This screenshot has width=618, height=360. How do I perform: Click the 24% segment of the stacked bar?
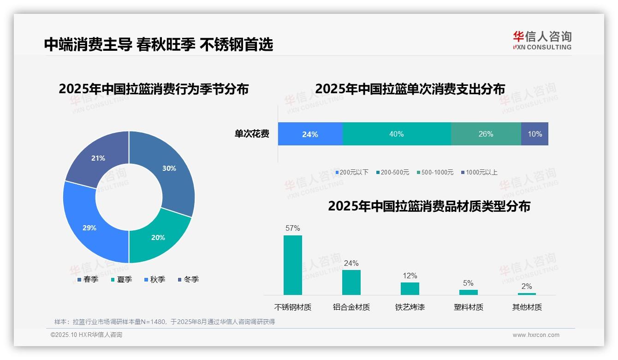(310, 134)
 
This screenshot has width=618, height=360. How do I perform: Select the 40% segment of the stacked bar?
(396, 134)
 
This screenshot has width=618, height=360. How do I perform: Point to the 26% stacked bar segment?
(486, 134)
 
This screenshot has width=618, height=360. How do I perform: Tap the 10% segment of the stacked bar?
(535, 134)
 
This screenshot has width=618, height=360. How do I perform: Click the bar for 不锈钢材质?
(292, 265)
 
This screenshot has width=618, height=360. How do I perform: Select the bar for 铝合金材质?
(351, 282)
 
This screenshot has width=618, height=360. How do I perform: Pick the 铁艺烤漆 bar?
(410, 288)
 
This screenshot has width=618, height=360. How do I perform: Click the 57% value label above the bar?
(292, 228)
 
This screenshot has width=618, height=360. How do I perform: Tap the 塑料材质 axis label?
(468, 307)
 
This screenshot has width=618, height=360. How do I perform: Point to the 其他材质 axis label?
(527, 307)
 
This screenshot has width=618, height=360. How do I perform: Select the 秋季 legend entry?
(155, 279)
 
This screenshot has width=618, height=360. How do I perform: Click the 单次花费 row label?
(252, 134)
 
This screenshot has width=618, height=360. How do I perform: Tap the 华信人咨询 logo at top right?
(542, 40)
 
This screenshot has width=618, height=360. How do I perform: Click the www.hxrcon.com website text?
(535, 335)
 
